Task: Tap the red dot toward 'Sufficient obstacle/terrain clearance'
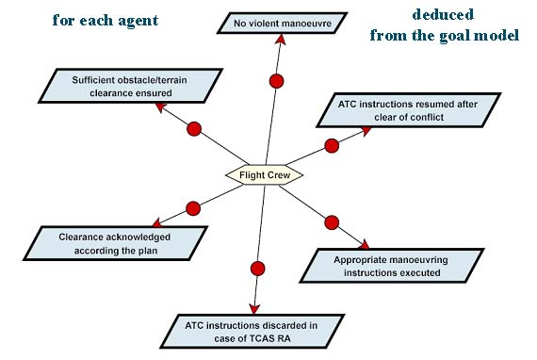point(195,128)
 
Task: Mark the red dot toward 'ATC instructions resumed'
point(332,146)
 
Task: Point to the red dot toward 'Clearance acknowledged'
point(193,207)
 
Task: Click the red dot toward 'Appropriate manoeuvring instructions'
point(332,222)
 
